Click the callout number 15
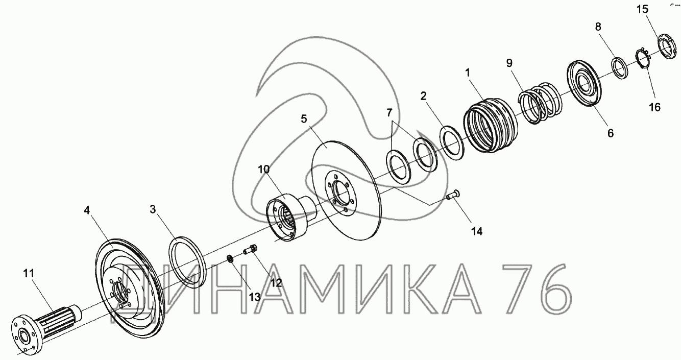coord(642,9)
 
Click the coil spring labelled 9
coord(540,103)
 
